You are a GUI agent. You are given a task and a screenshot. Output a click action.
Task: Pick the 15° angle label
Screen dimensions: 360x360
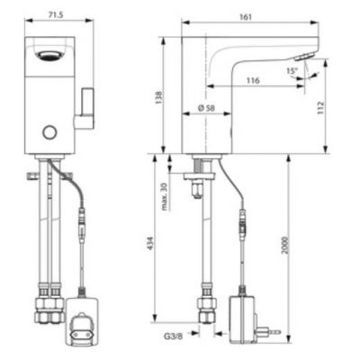(x=291, y=70)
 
